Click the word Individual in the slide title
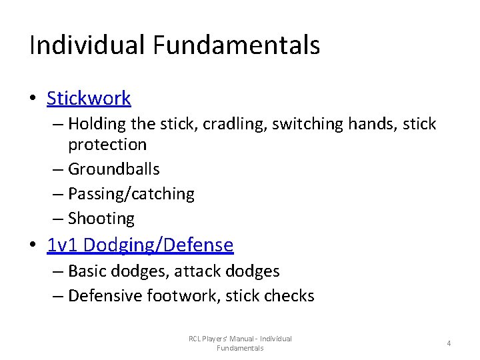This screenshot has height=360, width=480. tap(86, 45)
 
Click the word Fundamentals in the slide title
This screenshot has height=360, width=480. tap(237, 45)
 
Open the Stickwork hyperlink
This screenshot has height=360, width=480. tap(89, 99)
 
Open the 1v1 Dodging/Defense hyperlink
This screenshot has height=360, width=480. tap(140, 245)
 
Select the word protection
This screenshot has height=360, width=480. tap(107, 145)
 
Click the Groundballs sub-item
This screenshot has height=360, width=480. tap(114, 169)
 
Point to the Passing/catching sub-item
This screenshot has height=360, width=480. tap(131, 194)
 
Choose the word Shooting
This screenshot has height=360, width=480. tap(101, 219)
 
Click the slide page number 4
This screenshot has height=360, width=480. tap(449, 343)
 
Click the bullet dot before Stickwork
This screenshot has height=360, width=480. tap(32, 99)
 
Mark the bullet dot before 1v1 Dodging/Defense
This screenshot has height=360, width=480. tap(32, 246)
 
